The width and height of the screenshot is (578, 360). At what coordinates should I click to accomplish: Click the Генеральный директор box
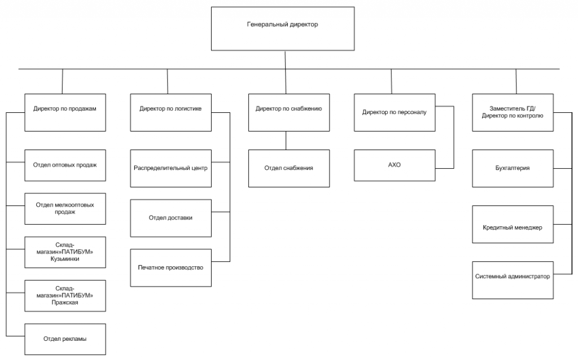pos(283,29)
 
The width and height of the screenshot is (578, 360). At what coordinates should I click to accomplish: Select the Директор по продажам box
pos(65,112)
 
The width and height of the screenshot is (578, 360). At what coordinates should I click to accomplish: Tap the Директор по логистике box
pos(170,112)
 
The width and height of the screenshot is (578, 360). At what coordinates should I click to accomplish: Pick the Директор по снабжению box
pos(289,112)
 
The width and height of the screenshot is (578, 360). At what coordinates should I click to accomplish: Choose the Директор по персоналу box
pos(395,112)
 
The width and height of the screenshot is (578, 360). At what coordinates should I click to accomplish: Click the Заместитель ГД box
pos(513,112)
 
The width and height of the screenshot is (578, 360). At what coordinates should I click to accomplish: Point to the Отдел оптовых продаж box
pos(65,165)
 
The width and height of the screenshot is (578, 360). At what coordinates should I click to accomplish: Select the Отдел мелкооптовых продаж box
pos(65,209)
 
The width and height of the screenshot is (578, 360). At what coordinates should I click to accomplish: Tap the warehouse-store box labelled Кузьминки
pos(65,252)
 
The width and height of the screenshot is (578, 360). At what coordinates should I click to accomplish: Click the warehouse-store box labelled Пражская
pos(65,296)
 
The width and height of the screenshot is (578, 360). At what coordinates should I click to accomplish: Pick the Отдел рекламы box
pos(65,339)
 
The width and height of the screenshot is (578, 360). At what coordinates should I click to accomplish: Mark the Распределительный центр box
pos(170,168)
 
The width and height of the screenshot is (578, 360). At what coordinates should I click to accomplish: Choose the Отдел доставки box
pos(170,218)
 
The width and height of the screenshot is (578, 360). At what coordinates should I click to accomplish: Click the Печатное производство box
pos(170,268)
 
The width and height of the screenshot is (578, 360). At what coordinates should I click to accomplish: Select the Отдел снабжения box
pos(289,168)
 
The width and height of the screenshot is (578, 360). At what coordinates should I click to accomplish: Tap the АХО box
pos(395,165)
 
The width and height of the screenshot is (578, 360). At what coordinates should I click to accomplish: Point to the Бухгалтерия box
pos(513,168)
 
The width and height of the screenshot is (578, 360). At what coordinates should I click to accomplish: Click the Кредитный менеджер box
pos(513,225)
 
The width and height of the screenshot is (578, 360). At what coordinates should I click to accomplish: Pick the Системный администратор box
pos(513,280)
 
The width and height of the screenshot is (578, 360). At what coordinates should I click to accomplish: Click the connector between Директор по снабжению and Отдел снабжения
pos(286,141)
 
